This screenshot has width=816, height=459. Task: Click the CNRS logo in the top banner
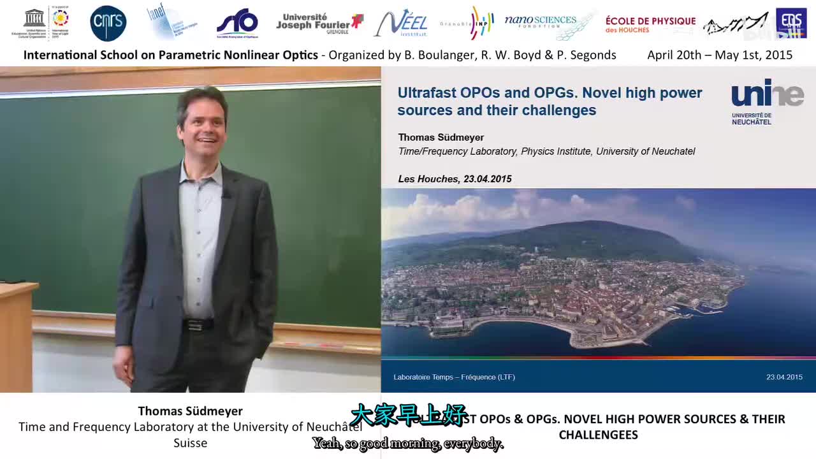(x=108, y=24)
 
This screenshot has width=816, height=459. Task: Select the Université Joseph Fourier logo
(x=319, y=24)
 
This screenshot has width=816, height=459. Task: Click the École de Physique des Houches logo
(x=650, y=24)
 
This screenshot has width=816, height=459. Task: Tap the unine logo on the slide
(x=768, y=101)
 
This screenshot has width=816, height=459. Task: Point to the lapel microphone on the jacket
(x=226, y=193)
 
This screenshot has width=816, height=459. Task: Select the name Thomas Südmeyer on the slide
(x=441, y=137)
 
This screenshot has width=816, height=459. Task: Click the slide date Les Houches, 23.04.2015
(x=455, y=179)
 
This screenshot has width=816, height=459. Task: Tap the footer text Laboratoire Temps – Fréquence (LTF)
(x=454, y=377)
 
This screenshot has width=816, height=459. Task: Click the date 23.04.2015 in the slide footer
(x=784, y=377)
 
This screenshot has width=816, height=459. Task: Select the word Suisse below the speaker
(x=190, y=442)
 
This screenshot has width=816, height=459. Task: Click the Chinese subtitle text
(x=409, y=415)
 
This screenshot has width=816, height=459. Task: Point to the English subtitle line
(x=408, y=444)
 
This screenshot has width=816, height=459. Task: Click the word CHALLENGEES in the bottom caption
(x=598, y=435)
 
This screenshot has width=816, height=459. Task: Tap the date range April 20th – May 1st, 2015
(x=720, y=55)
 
